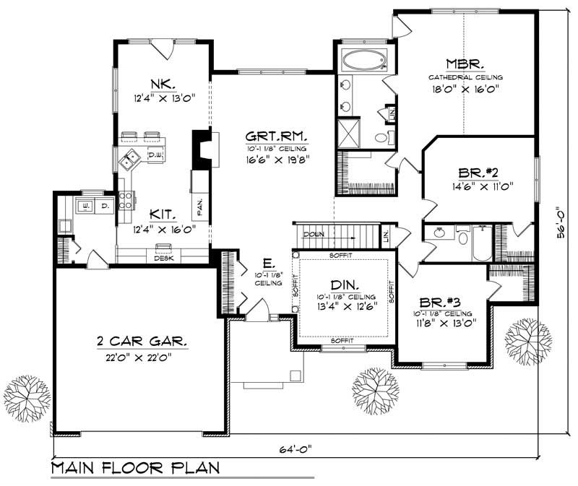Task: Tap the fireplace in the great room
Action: [x=199, y=148]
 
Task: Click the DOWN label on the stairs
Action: [x=314, y=235]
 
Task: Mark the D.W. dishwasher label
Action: [x=154, y=155]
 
